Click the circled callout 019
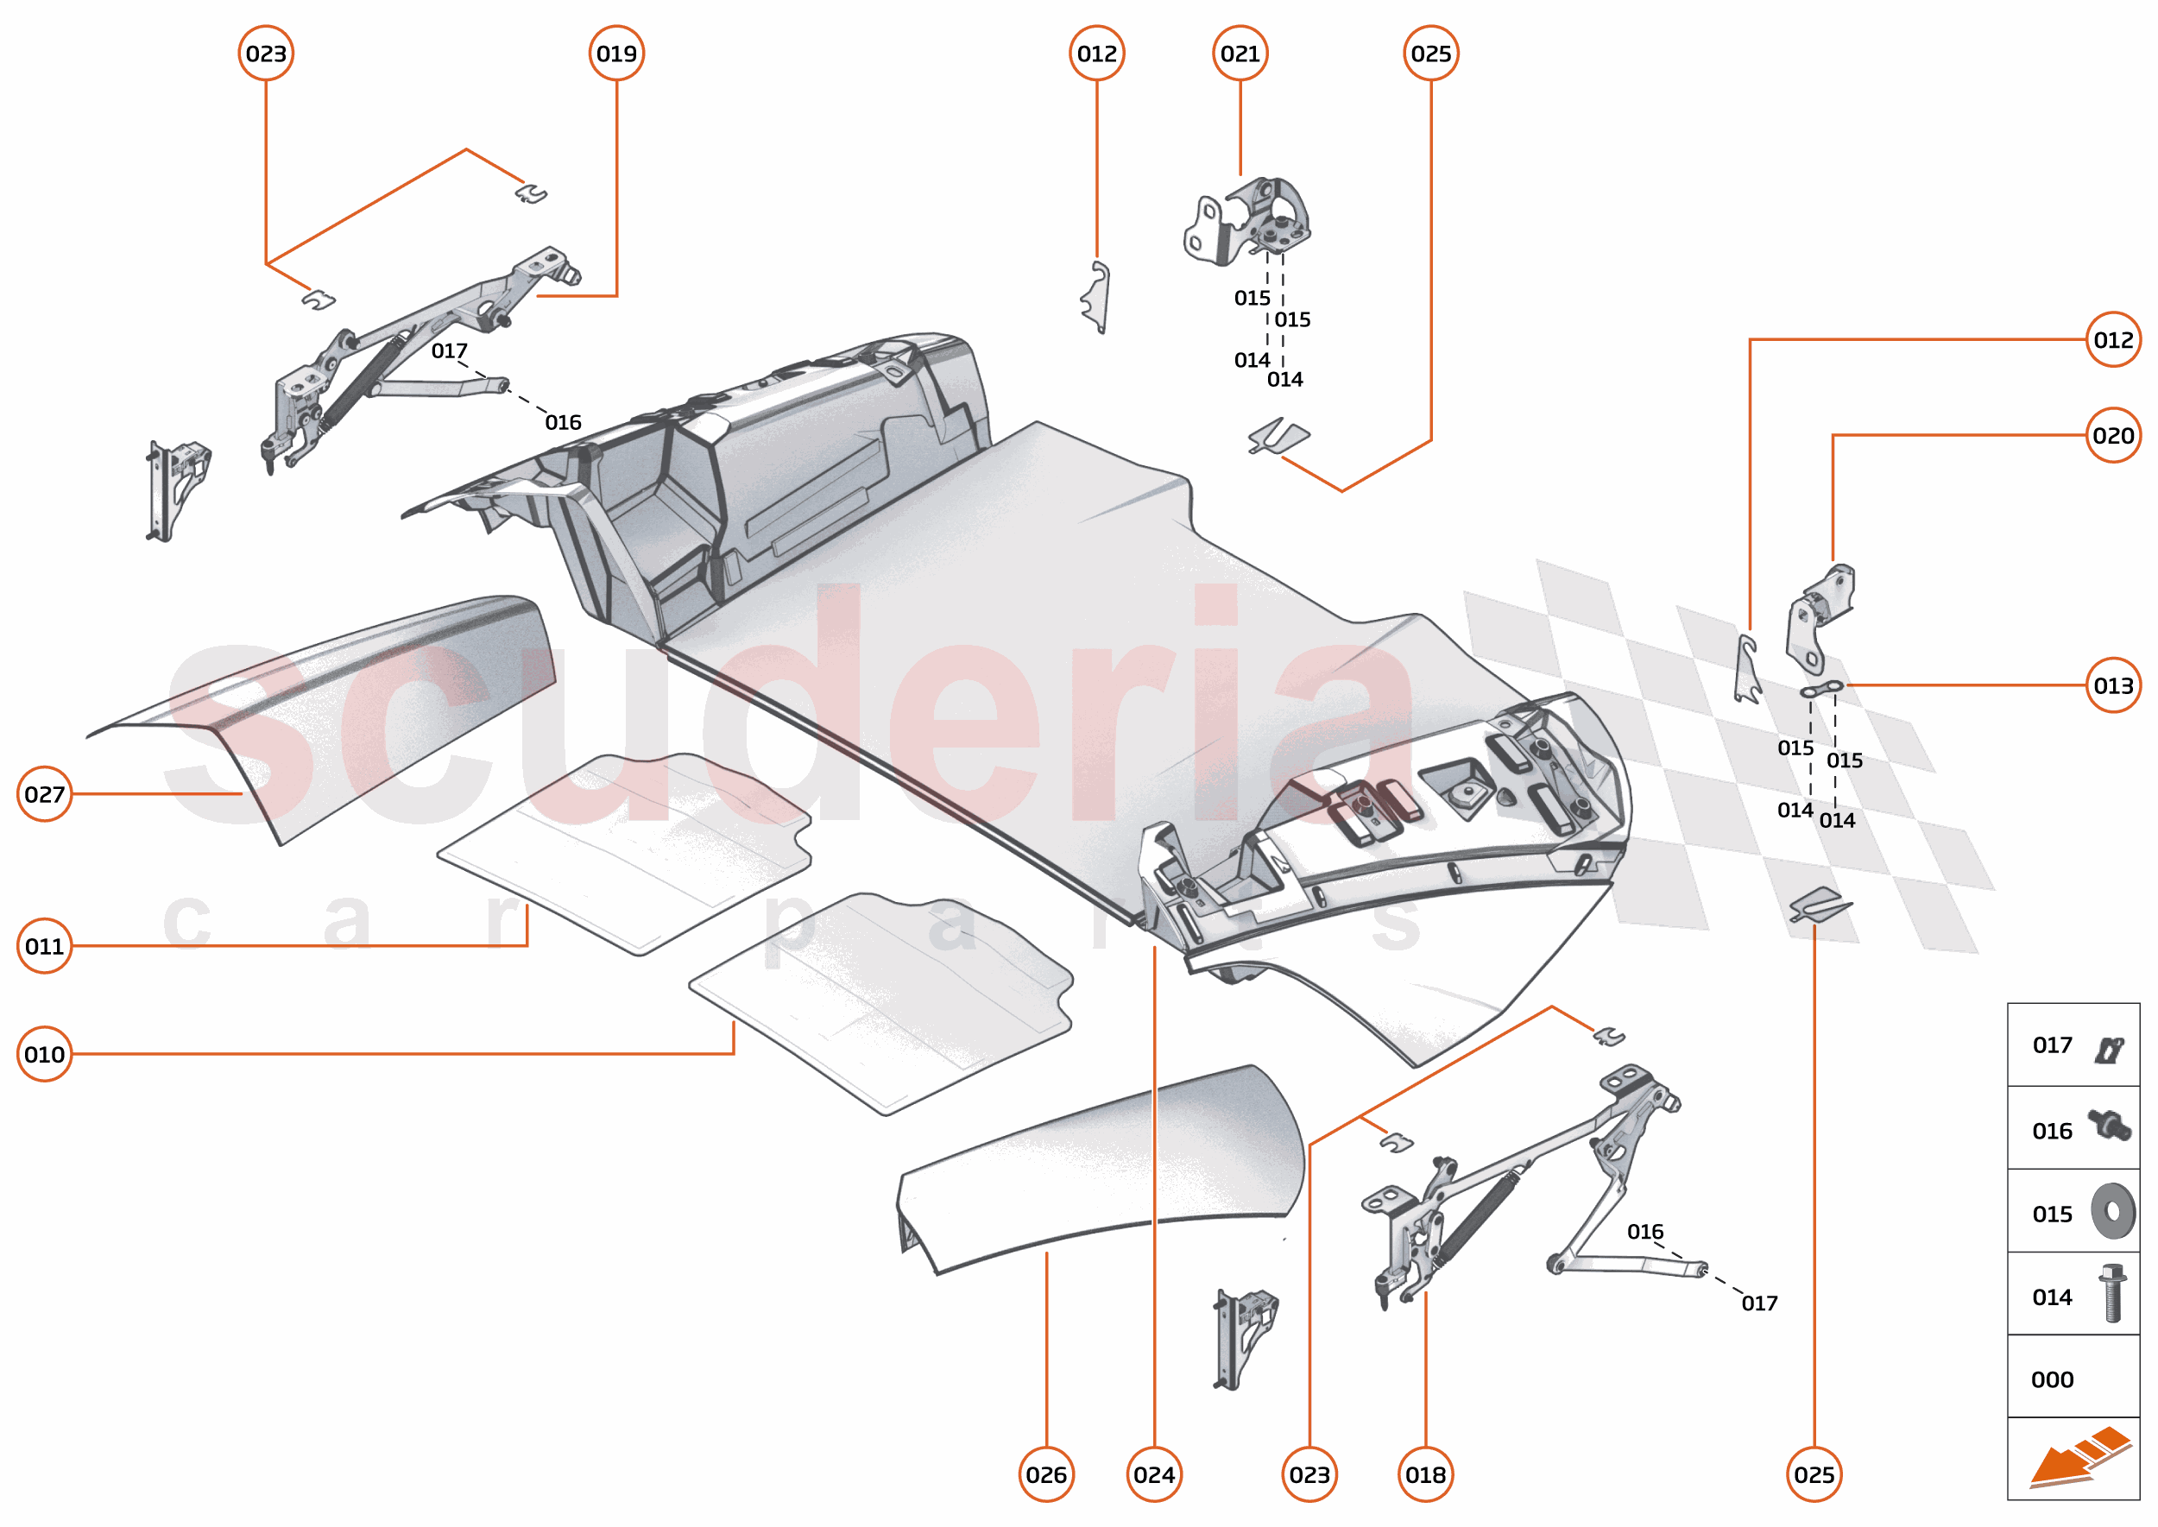[616, 54]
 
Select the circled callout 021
[1240, 54]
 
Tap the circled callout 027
[44, 793]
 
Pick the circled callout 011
[44, 945]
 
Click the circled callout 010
[44, 1053]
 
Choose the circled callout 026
[1045, 1473]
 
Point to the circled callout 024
[1154, 1473]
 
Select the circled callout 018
[1424, 1473]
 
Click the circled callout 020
[2113, 435]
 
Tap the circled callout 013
[2113, 685]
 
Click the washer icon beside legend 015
[2112, 1211]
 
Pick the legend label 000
[2052, 1379]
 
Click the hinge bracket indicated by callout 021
[1249, 221]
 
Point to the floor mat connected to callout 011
[625, 851]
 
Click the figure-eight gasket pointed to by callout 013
[1820, 691]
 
